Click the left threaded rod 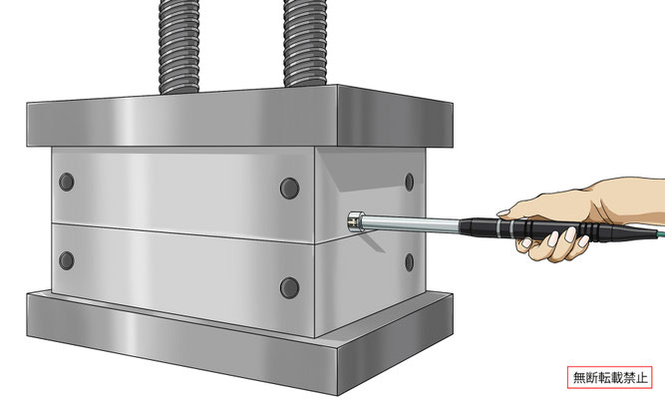coord(178,46)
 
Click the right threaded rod coord(304,43)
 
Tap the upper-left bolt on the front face coord(67,183)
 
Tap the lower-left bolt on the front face coord(67,260)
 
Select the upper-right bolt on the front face coord(290,189)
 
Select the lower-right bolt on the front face coord(290,287)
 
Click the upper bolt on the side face coord(409,183)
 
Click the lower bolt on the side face coord(409,262)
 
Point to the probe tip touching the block coord(354,221)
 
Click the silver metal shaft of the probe coord(412,224)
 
